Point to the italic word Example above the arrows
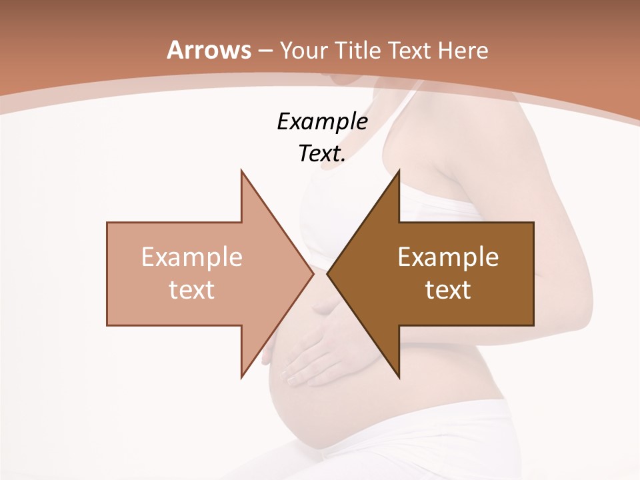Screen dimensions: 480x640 [322, 121]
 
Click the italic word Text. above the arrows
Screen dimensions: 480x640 [322, 153]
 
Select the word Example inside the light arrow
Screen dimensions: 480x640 [192, 257]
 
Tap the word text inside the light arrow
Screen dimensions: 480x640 [192, 289]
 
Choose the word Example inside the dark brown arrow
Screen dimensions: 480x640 [448, 257]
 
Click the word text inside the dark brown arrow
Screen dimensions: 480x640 [448, 289]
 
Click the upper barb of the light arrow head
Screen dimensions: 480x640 [242, 173]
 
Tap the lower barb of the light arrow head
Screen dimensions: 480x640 [242, 375]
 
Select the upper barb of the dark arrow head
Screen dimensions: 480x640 [399, 173]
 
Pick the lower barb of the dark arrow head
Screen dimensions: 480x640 [399, 375]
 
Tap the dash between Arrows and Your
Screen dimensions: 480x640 [265, 51]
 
